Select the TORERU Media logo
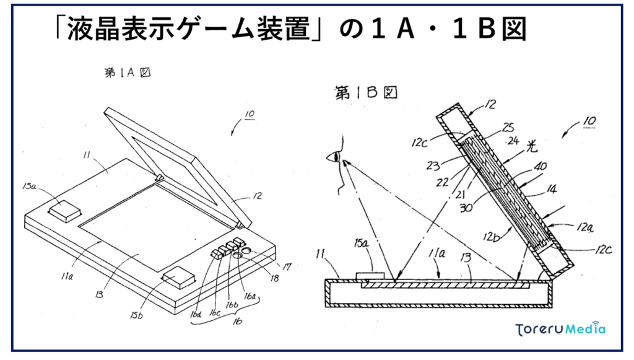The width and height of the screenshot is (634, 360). pos(560,329)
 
